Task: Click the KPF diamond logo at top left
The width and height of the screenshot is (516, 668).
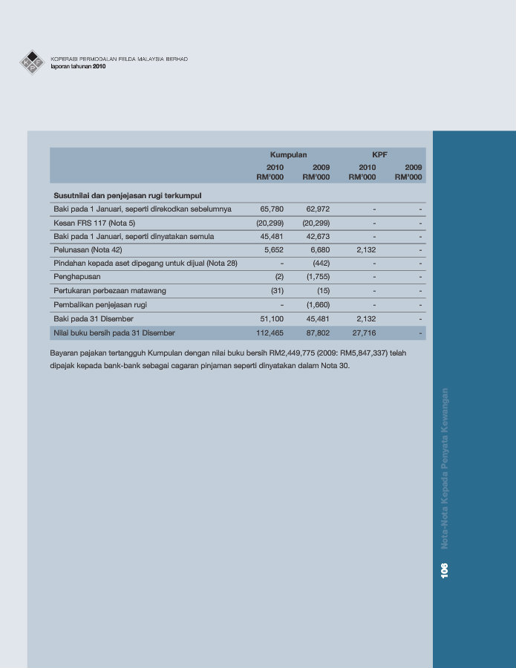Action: click(x=32, y=62)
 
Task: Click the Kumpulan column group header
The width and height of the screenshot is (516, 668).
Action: click(x=288, y=154)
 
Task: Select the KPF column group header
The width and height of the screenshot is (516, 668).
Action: click(x=380, y=154)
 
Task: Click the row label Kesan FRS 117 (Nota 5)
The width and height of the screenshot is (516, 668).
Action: click(x=94, y=223)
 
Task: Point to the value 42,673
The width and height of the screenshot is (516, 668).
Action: click(x=317, y=237)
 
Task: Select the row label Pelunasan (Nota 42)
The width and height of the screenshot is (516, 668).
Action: click(x=88, y=250)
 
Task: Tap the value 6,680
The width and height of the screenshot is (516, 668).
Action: click(x=320, y=250)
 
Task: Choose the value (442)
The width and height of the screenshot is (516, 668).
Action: click(x=321, y=263)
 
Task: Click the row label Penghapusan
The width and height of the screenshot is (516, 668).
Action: click(x=77, y=277)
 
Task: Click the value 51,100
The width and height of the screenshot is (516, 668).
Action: click(x=271, y=318)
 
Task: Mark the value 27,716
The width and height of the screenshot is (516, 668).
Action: click(x=364, y=333)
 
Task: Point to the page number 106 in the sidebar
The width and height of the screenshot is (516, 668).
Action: click(x=444, y=570)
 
